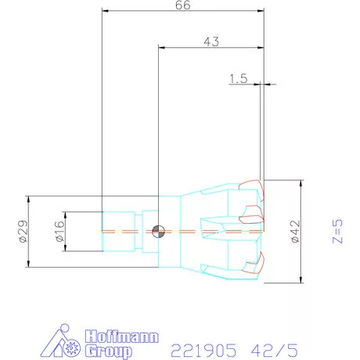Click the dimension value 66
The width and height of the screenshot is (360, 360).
pos(182,5)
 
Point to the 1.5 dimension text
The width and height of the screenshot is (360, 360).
pos(239,78)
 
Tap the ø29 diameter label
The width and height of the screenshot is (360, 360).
pos(23,232)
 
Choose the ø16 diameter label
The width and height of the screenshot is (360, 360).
pos(59,232)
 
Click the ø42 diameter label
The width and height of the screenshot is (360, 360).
pos(294,232)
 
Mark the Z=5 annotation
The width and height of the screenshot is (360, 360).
pos(337,232)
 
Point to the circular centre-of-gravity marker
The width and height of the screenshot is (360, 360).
pos(158,231)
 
